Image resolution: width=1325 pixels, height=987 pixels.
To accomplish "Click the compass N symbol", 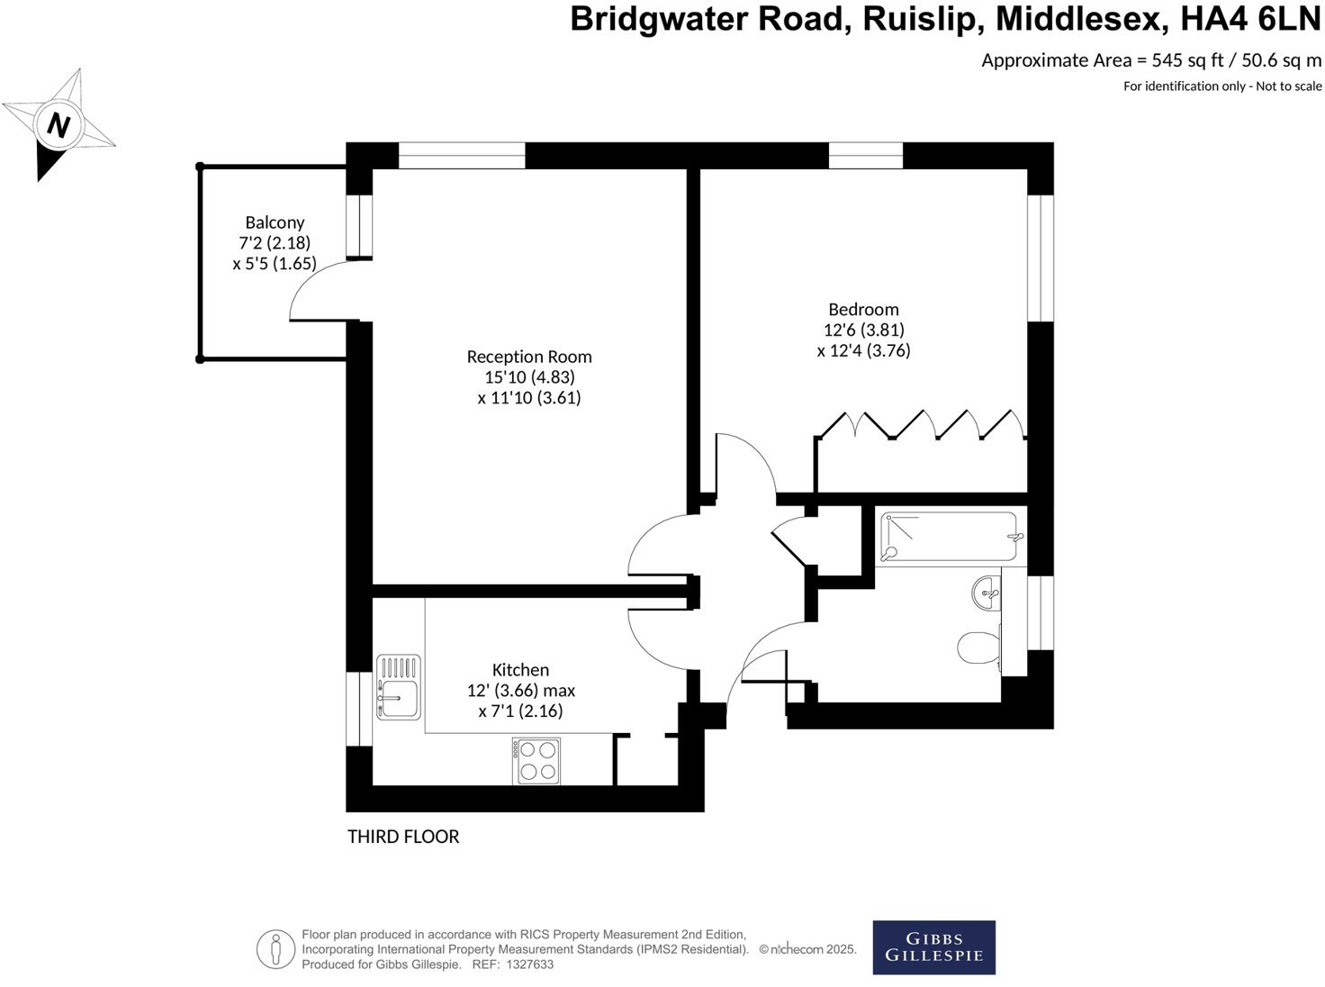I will pos(59,124).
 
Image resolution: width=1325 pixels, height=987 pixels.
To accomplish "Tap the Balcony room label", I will pos(275,222).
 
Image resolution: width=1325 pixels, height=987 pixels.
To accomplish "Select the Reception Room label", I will pos(529,357).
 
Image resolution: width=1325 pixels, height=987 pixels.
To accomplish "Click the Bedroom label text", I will pos(863,310).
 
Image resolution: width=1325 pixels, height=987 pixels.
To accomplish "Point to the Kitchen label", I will pos(520,670).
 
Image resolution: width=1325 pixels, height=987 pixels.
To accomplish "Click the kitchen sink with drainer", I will pos(398,687).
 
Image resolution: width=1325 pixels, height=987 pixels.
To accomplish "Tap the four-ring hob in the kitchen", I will pos(536,760).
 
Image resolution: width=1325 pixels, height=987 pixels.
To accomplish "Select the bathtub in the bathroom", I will pos(950,538).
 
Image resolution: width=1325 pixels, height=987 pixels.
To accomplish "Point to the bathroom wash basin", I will pos(987,593).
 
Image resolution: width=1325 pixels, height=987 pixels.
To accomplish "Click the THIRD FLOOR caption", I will pos(403,837).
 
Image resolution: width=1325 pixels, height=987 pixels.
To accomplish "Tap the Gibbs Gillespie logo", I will pos(933,947).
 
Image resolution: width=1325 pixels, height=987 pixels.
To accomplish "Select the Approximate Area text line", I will pos(1151,60).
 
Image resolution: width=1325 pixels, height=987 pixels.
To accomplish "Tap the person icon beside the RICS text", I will pos(275,949).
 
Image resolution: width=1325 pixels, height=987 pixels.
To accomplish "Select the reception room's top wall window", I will pos(462,155).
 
